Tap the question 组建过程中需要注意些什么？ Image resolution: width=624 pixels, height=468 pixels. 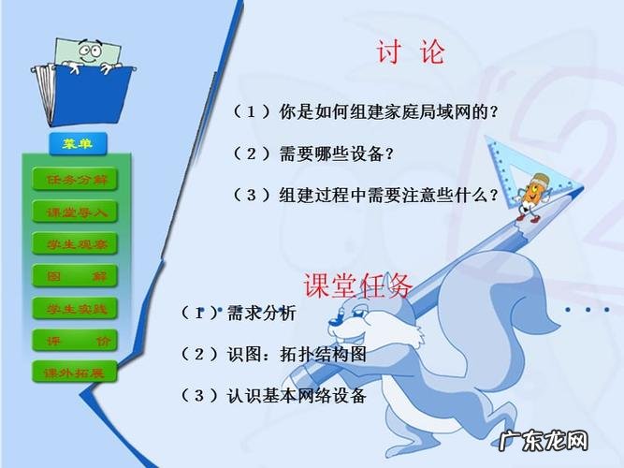tap(365, 196)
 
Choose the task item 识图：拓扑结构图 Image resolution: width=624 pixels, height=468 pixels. tap(272, 356)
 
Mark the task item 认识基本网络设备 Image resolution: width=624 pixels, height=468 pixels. tap(272, 396)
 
